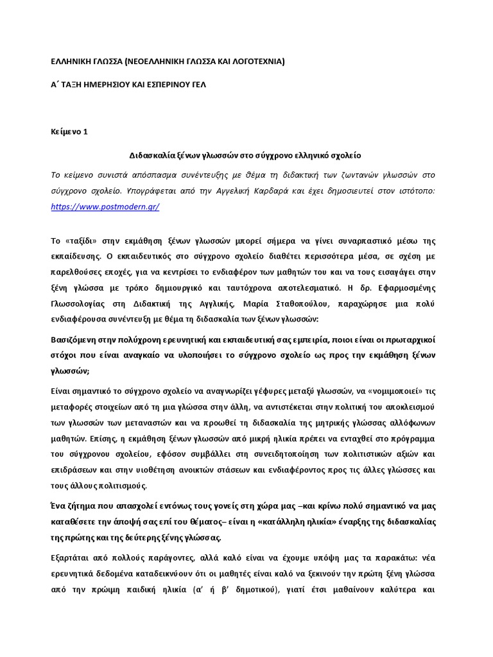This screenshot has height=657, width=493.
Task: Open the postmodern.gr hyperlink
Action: pos(105,207)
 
